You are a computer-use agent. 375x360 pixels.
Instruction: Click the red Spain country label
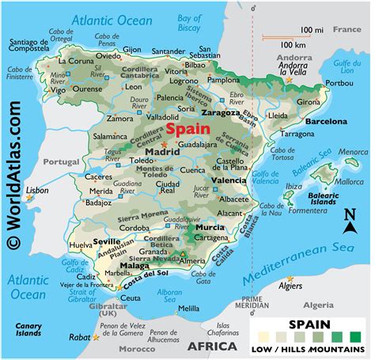click(187, 128)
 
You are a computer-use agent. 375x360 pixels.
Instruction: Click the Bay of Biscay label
click(190, 23)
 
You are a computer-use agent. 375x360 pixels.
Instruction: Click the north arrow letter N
click(349, 213)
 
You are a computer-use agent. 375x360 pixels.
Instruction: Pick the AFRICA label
click(211, 347)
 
